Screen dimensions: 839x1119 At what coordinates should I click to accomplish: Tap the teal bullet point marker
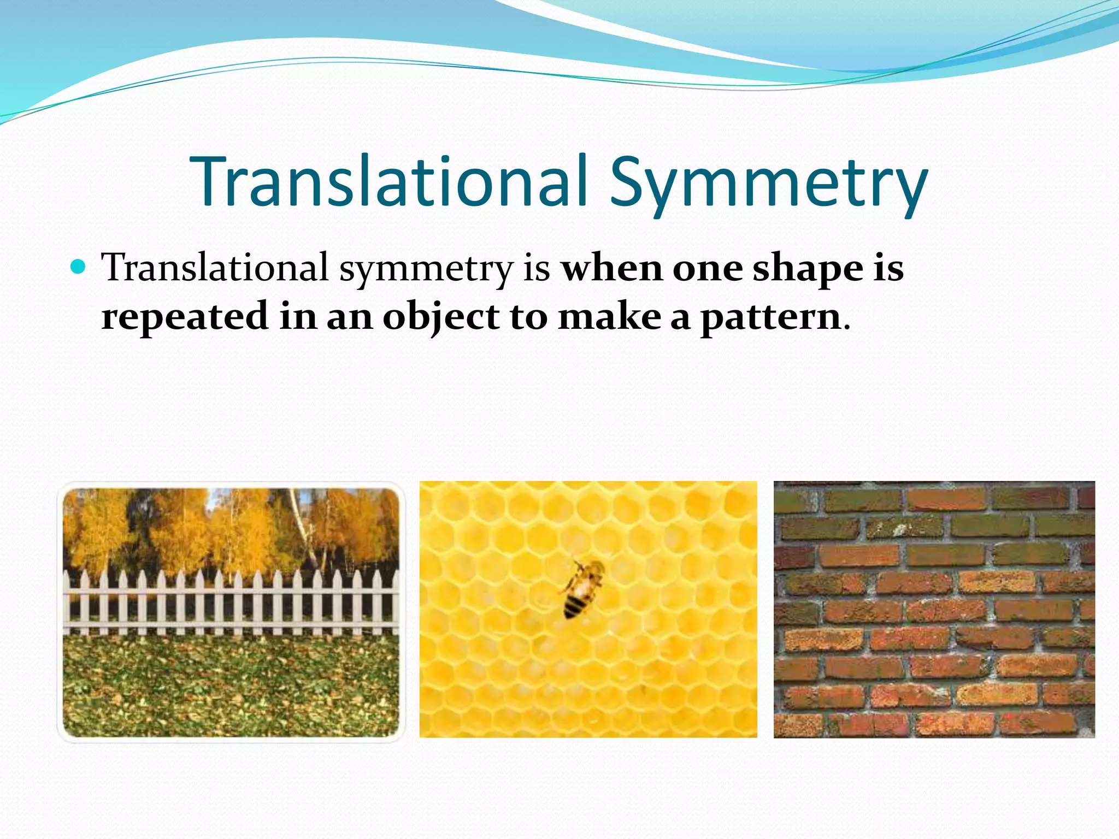point(79,267)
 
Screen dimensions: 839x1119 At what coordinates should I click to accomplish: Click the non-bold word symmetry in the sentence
point(426,269)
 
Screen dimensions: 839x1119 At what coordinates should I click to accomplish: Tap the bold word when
point(612,269)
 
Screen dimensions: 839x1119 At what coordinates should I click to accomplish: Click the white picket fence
point(229,601)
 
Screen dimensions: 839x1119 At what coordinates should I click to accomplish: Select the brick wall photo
point(934,609)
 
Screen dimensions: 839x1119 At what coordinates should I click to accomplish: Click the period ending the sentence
point(847,328)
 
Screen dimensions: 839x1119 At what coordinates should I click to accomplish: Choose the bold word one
point(707,269)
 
